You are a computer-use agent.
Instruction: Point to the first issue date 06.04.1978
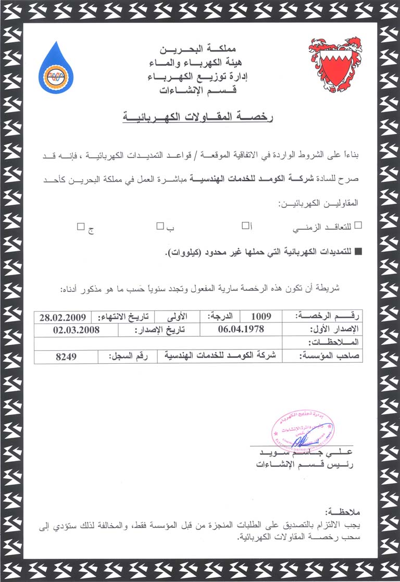(241, 329)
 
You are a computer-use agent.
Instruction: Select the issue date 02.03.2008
(76, 330)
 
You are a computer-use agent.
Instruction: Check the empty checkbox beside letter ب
(160, 226)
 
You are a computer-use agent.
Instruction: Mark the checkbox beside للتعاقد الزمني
(357, 226)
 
